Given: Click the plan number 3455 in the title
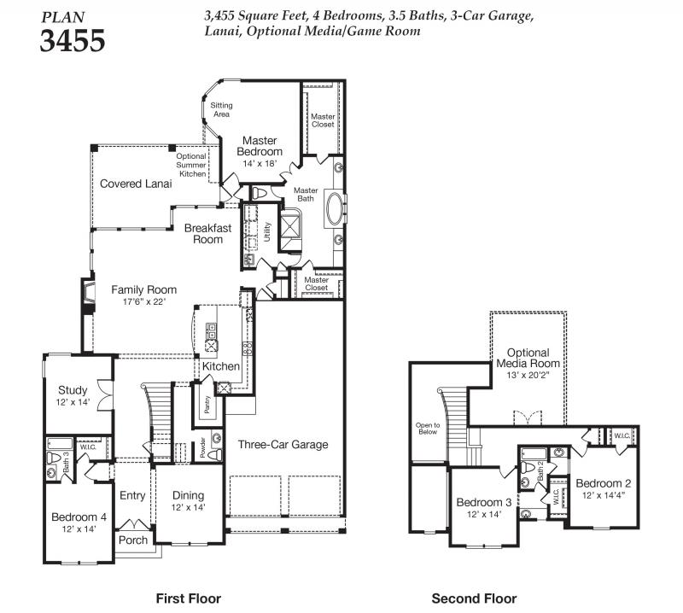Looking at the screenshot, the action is (x=73, y=40).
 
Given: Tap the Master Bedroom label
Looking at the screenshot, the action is (x=260, y=146).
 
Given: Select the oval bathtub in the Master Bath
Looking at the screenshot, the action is (x=335, y=208).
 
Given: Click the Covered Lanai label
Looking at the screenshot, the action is (x=136, y=184).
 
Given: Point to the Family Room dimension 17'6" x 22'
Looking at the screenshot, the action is (x=144, y=301).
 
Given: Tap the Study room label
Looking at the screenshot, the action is (x=73, y=390).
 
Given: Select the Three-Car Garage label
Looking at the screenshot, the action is (x=283, y=445).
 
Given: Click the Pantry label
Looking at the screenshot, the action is (x=207, y=405).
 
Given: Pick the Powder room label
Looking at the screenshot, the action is (x=202, y=448).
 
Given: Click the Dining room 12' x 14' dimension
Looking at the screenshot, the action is (x=188, y=507).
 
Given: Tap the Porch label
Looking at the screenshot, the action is (x=133, y=540).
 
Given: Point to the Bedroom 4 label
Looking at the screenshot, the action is (x=79, y=517).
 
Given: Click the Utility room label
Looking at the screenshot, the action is (x=267, y=231).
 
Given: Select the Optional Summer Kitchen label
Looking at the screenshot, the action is (x=191, y=165).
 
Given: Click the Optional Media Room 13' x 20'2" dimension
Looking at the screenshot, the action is (x=528, y=375).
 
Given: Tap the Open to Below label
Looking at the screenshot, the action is (x=428, y=429).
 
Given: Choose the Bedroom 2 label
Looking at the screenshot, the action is (x=604, y=483).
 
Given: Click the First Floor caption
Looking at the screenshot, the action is (x=189, y=598).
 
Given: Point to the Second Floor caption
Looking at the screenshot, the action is (x=475, y=598).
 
